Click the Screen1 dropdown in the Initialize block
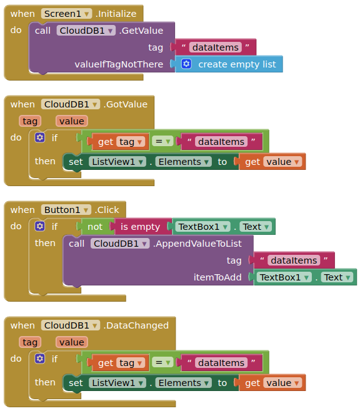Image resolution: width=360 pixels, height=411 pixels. click(66, 14)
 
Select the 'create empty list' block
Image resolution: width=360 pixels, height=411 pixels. click(229, 64)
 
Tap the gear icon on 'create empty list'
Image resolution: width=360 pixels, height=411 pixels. click(186, 64)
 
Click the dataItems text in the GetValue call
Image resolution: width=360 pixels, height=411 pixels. click(215, 47)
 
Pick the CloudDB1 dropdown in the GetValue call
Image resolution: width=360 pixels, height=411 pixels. click(86, 31)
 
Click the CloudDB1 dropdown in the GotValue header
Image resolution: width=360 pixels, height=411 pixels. click(71, 104)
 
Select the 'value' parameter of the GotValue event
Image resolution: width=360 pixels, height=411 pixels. click(72, 121)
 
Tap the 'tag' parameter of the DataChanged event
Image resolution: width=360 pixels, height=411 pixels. click(30, 342)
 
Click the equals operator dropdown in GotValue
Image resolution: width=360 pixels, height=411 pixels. click(162, 142)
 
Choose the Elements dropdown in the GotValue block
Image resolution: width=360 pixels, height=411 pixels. click(184, 162)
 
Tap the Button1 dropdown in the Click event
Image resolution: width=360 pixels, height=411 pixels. click(66, 210)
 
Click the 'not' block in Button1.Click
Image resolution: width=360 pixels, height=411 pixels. click(95, 227)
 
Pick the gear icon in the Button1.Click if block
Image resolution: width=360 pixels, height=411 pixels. click(40, 226)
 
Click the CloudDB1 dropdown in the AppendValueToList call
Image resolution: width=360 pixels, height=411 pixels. click(120, 244)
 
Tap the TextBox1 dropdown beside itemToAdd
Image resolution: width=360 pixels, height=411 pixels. click(284, 277)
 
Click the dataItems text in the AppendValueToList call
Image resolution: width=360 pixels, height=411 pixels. click(294, 260)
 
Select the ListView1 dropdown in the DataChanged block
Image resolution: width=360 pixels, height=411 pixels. click(117, 383)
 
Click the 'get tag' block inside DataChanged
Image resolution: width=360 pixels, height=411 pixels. click(119, 363)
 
